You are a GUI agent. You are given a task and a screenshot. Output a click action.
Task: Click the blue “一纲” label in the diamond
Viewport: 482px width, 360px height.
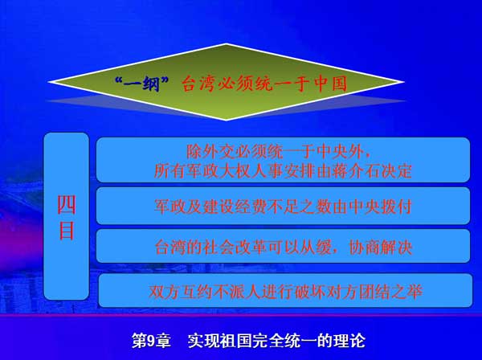pos(142,83)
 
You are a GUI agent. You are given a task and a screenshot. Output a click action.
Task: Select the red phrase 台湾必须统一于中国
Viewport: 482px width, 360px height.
pos(264,84)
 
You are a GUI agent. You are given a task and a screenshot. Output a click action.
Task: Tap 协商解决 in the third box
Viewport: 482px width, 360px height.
pos(381,247)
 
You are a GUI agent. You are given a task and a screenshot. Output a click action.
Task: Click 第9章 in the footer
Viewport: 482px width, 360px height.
pos(151,341)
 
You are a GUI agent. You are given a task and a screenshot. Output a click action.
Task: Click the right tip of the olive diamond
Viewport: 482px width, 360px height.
pos(403,82)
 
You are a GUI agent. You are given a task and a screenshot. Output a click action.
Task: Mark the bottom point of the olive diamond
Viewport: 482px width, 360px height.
pos(226,121)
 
